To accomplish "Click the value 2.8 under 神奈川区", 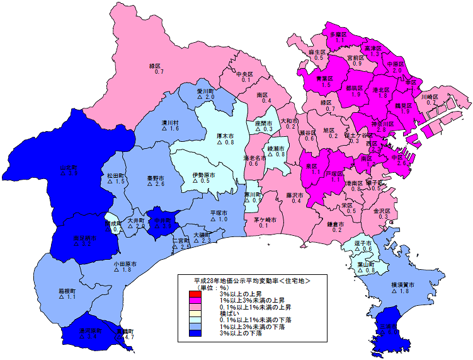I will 373,130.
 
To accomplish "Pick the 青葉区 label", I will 324,78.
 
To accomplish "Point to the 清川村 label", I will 171,122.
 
